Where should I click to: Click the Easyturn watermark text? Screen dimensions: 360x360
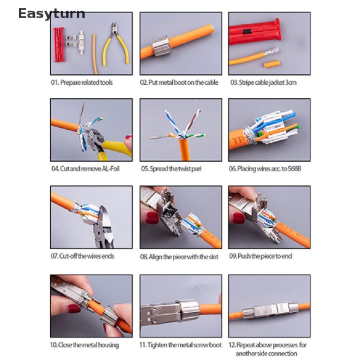click(51, 13)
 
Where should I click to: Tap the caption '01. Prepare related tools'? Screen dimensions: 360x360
click(81, 82)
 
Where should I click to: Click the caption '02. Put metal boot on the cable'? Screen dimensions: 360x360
click(179, 82)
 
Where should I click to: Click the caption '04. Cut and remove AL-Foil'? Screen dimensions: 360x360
click(85, 169)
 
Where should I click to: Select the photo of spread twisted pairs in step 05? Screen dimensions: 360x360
click(180, 129)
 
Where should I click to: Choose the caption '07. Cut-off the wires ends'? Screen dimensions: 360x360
click(82, 256)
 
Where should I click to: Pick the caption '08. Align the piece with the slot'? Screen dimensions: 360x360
click(179, 256)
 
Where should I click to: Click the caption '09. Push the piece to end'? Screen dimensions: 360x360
click(260, 256)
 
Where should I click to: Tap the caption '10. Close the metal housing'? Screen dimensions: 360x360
click(84, 345)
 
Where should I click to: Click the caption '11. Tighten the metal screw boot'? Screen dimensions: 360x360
click(180, 345)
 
